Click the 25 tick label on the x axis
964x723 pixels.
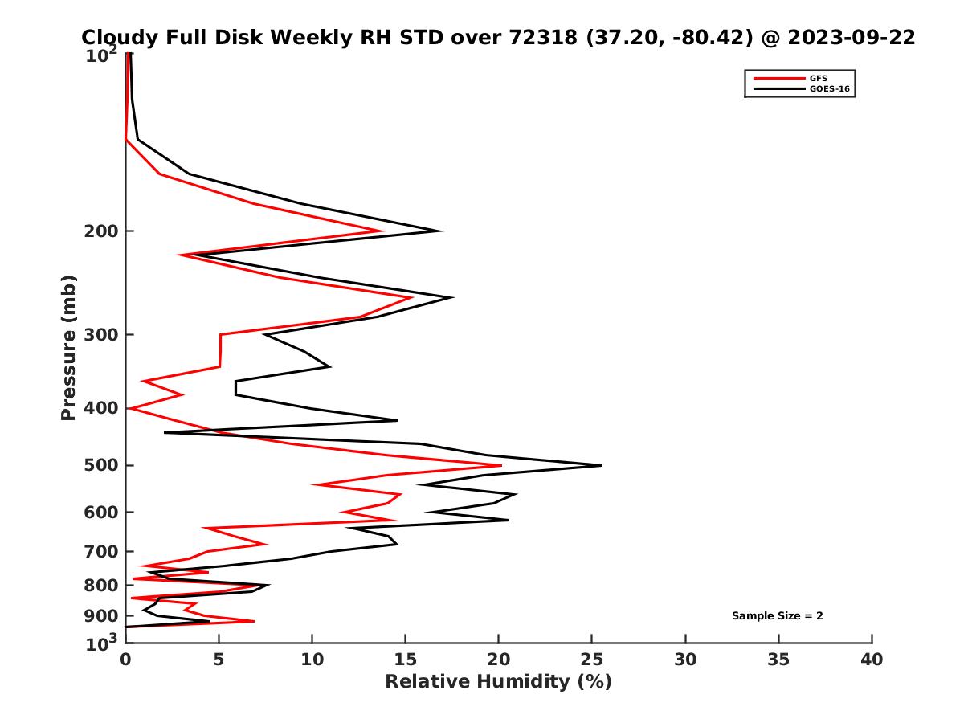(x=592, y=660)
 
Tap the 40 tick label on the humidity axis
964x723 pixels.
(x=872, y=660)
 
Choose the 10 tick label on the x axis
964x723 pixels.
(x=312, y=660)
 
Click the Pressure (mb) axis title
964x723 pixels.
(x=68, y=347)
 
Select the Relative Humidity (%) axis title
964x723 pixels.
(x=498, y=682)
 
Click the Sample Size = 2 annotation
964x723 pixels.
(x=777, y=616)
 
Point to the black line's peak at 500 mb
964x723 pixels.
(x=601, y=465)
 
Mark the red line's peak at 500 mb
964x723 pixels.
(x=501, y=465)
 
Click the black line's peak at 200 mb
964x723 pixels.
(x=442, y=231)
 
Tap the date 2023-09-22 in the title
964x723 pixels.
(x=852, y=37)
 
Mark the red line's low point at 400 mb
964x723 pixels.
(x=131, y=409)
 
